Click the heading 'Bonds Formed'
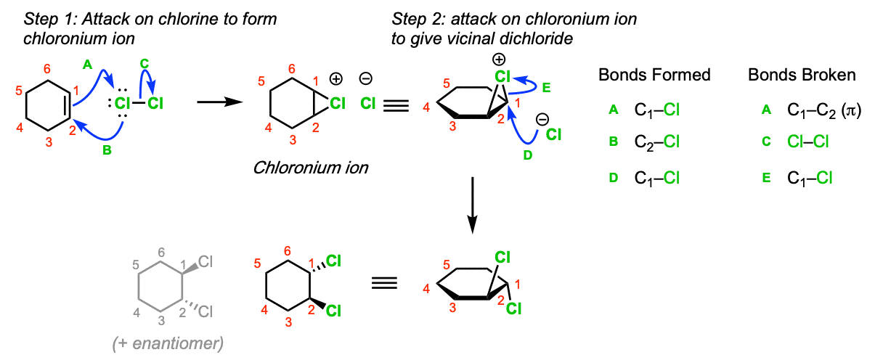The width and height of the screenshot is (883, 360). pos(654,75)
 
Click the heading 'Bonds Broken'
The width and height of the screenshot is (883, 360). pos(802,75)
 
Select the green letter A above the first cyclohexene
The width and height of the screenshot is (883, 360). pos(87,65)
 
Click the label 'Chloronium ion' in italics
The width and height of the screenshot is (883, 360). pos(311,168)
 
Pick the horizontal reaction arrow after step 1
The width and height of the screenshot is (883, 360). pos(219,102)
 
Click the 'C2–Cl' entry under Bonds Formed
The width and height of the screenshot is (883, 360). pos(656,142)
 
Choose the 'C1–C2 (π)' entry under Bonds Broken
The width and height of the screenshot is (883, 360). pos(823,110)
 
